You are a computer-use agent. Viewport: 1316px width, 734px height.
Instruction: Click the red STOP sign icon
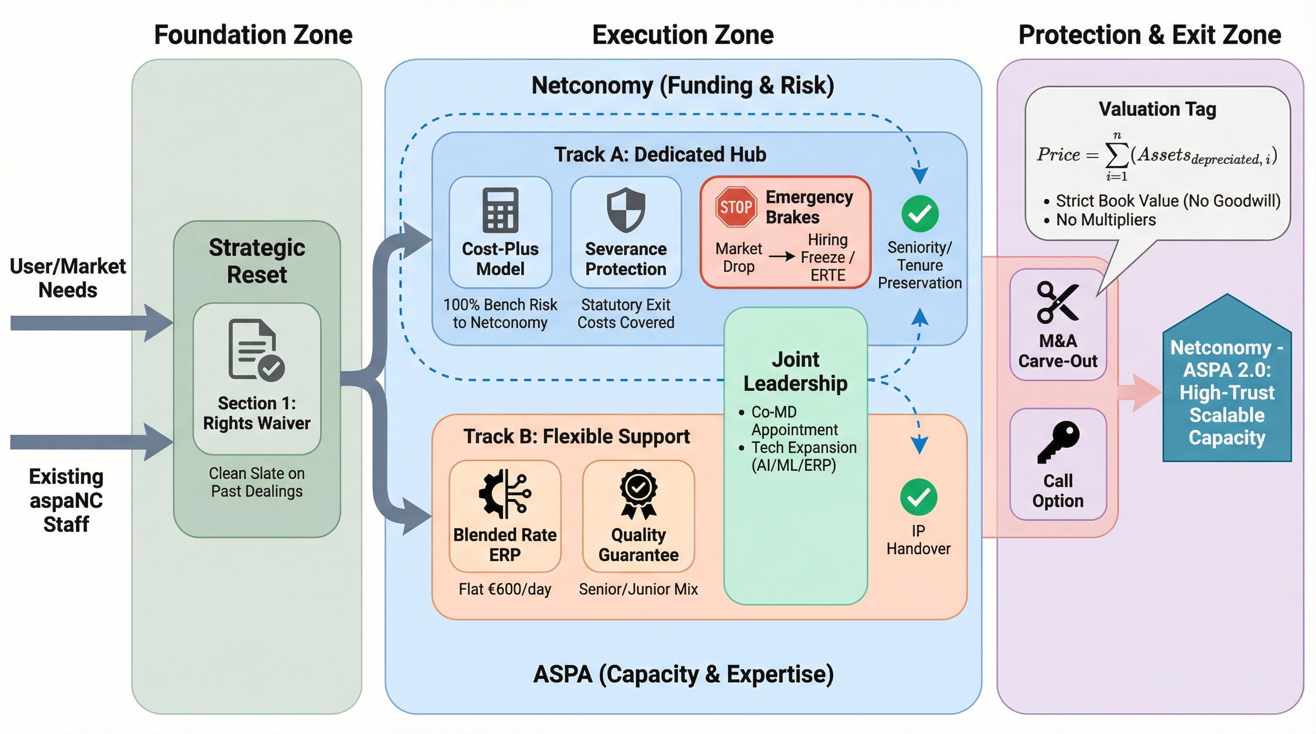[735, 207]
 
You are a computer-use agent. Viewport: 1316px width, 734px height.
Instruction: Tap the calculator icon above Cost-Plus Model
[500, 210]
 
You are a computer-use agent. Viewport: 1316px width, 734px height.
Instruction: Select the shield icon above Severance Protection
[626, 210]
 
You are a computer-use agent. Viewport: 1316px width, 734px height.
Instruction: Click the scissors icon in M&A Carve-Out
[1057, 302]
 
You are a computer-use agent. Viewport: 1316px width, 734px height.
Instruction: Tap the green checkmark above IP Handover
[919, 497]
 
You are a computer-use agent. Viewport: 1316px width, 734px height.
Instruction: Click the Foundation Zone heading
[253, 35]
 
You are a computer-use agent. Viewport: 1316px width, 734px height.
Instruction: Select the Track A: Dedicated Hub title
[660, 154]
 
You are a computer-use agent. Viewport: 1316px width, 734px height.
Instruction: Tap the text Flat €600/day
[505, 589]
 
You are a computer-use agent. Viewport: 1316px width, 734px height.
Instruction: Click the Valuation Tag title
[1157, 109]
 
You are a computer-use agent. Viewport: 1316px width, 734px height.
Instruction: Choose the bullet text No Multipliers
[1106, 220]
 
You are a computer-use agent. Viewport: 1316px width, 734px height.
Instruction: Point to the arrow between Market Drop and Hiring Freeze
[782, 256]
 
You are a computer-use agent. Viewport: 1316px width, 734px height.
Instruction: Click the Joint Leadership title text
[795, 371]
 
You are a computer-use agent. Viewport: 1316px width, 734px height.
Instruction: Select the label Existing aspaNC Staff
[66, 500]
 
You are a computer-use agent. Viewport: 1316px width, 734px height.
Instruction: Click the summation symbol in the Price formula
[1117, 155]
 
